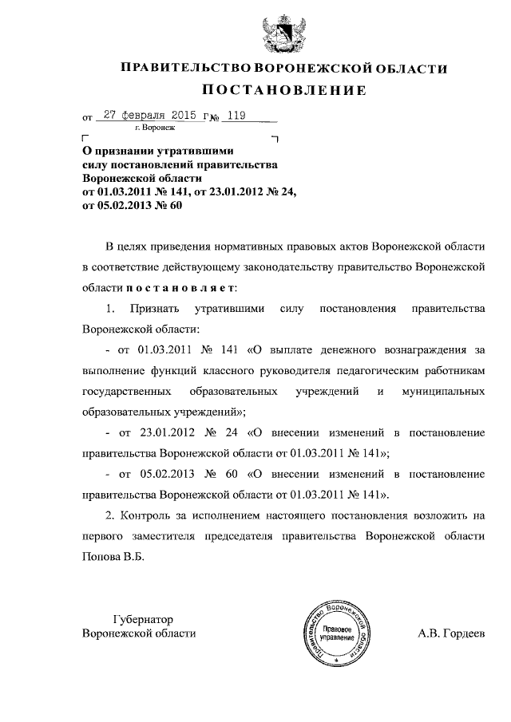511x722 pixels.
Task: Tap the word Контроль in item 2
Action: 148,516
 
